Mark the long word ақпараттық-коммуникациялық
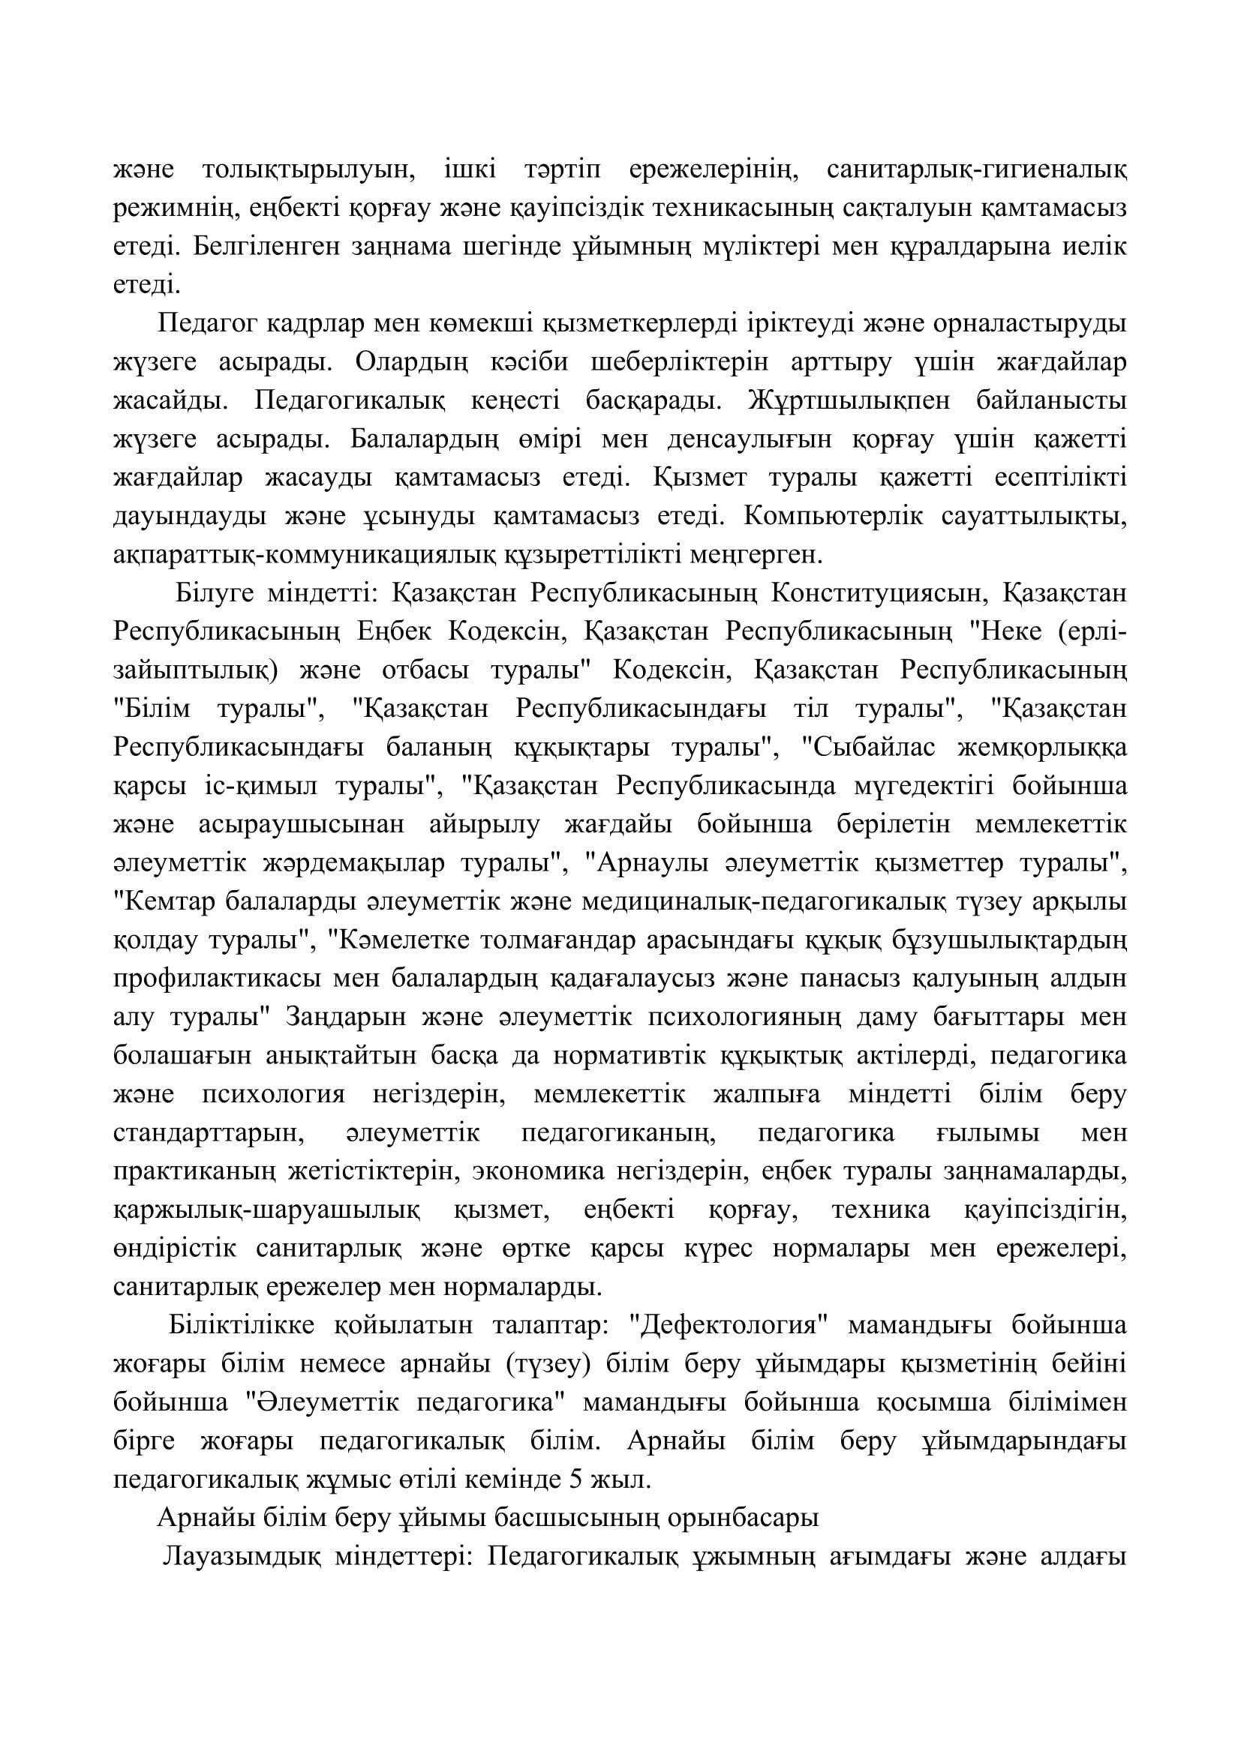(304, 556)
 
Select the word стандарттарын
(204, 1134)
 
